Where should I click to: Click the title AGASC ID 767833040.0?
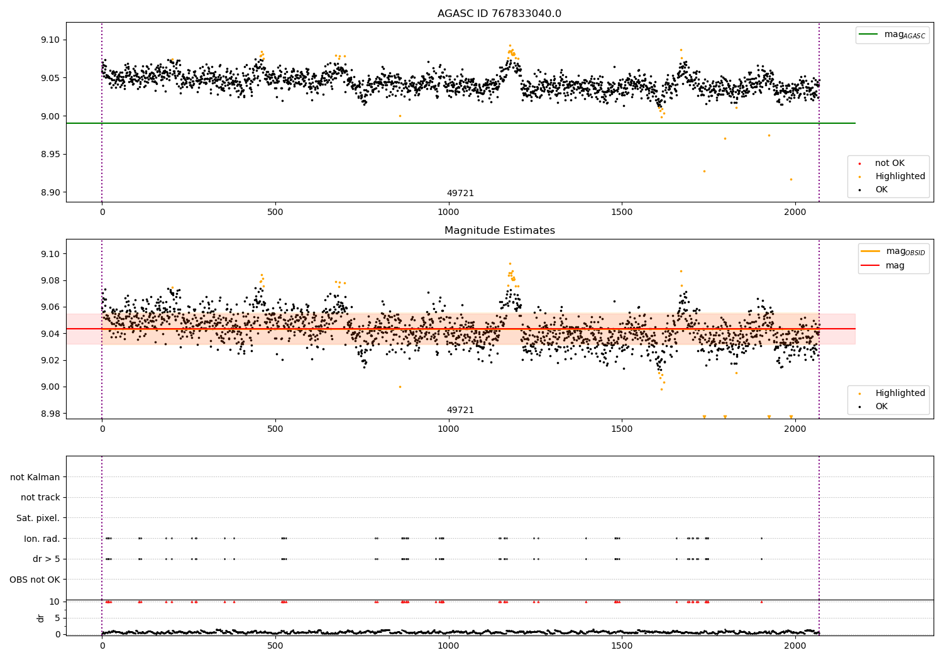pos(499,14)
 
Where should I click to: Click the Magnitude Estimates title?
pos(499,231)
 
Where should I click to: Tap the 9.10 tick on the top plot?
pos(50,40)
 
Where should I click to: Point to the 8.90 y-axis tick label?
pos(50,192)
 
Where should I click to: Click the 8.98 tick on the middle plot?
pos(50,414)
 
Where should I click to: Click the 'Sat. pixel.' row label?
pos(38,518)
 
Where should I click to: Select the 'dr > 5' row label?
pos(46,559)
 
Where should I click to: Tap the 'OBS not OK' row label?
pos(35,580)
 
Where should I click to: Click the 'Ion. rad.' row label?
pos(41,539)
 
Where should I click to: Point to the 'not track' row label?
pos(40,497)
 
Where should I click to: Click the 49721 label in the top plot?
pos(460,194)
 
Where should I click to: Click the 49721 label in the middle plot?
pos(460,410)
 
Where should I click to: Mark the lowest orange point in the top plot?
pos(791,179)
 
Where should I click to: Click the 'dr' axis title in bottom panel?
pos(41,618)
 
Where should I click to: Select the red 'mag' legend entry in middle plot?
pos(895,266)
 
